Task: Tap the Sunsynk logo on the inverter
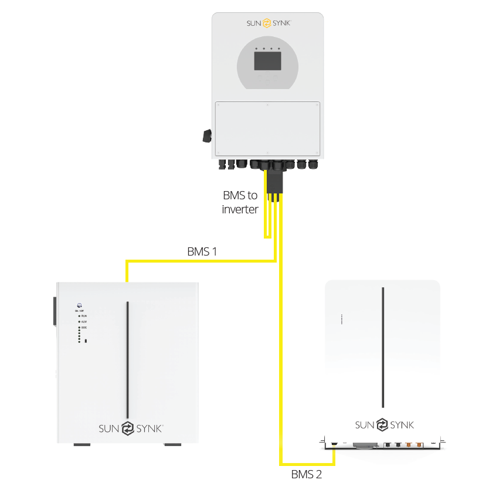267,23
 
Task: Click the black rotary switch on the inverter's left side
206,136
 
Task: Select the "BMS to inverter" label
240,202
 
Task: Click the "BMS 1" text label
202,252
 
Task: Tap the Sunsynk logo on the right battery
384,425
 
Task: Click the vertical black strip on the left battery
127,359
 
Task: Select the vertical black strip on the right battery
383,347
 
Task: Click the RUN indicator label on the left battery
83,316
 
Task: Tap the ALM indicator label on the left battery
83,322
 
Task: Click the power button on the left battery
79,305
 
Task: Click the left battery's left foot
82,445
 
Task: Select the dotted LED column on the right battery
342,319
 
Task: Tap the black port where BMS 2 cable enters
334,443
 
